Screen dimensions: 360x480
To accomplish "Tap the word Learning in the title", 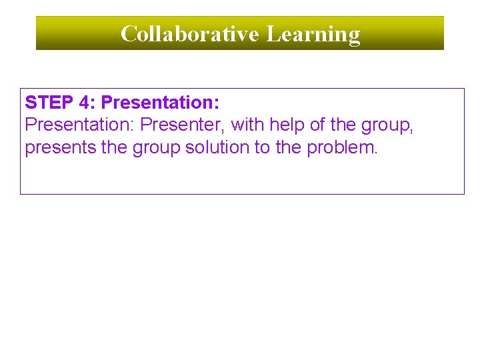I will click(313, 33).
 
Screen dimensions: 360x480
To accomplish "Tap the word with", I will click(247, 125).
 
